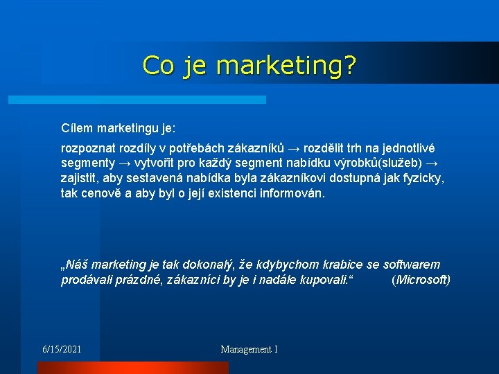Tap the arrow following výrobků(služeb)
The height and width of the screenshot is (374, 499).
tap(431, 163)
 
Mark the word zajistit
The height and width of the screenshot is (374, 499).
tap(80, 178)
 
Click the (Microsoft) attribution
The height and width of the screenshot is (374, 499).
tap(421, 280)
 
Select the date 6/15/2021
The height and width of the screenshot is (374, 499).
tap(62, 349)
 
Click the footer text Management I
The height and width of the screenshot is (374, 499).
tap(249, 349)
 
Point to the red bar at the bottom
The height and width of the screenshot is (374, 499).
tap(132, 368)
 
